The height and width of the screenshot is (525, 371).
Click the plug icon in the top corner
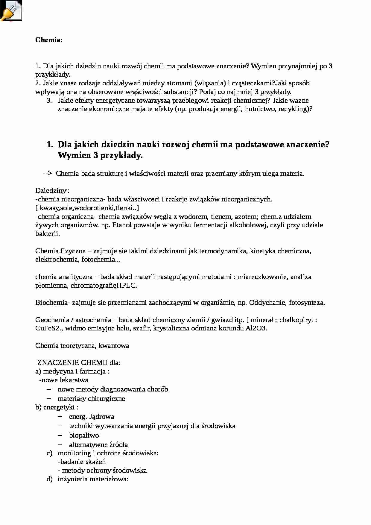coord(11,11)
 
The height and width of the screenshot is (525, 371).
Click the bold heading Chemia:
coord(49,40)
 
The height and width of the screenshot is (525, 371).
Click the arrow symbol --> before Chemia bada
coord(48,174)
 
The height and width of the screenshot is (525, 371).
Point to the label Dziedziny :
coord(52,191)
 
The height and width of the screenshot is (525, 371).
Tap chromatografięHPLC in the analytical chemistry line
coord(104,286)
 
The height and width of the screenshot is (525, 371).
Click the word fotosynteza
coord(306,303)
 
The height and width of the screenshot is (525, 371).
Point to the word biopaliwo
coord(84,436)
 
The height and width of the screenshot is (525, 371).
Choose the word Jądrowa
coord(101,417)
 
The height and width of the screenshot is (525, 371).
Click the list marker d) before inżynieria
coord(49,479)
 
